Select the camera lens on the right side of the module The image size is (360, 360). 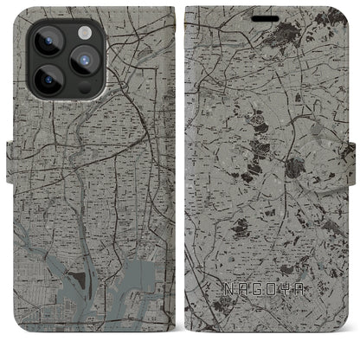tap(83, 60)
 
